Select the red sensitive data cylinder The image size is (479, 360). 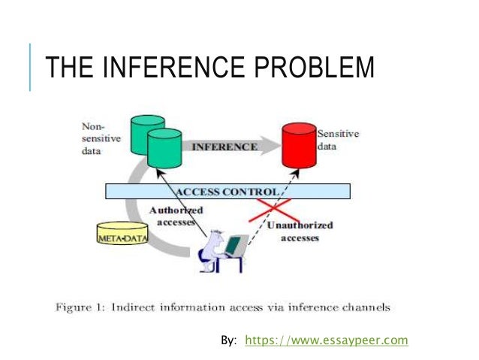coord(298,147)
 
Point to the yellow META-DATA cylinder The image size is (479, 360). coord(121,234)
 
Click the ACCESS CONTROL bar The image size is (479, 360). coord(227,191)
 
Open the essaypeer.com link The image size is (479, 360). coord(327,340)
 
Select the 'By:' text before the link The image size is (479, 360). coord(228,340)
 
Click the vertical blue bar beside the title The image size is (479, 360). coord(31,67)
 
